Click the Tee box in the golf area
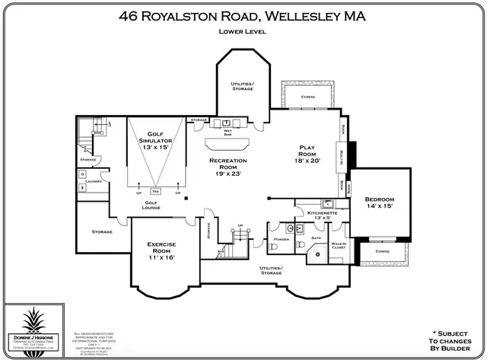point(157,190)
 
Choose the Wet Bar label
point(228,132)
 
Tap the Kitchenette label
point(311,214)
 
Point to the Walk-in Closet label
point(339,246)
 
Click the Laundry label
point(94,181)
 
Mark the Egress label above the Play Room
point(307,97)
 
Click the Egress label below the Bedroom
point(382,250)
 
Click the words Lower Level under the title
point(243,32)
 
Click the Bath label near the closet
point(316,237)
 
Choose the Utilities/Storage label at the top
point(243,86)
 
